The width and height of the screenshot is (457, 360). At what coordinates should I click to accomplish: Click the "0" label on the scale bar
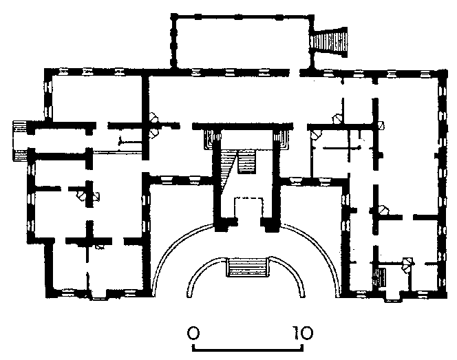tap(193, 333)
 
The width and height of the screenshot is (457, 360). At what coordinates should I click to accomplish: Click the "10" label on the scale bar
tap(303, 333)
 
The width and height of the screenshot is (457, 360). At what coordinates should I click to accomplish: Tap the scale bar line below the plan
tap(248, 348)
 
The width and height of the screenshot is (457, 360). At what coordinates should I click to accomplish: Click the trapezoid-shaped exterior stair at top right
tap(329, 42)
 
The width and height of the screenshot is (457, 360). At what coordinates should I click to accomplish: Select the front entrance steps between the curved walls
tap(247, 266)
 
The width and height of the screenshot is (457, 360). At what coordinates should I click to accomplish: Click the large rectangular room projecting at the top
tap(242, 42)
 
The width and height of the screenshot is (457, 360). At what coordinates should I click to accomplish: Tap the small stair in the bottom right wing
tap(380, 277)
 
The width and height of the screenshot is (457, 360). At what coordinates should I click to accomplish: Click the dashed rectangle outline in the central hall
tap(249, 208)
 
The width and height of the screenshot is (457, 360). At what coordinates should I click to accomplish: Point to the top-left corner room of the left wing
tap(97, 98)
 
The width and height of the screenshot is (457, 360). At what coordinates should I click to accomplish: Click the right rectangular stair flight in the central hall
tap(247, 162)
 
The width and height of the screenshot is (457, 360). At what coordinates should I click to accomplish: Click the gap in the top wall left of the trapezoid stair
tap(295, 72)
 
